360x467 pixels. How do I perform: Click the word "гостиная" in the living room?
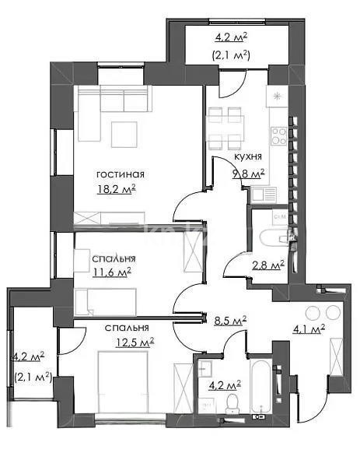(121, 174)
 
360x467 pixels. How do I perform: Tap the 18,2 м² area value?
(117, 188)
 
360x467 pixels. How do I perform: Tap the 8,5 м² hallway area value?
(229, 319)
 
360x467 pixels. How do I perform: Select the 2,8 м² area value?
(268, 265)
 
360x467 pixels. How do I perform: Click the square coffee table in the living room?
(124, 134)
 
